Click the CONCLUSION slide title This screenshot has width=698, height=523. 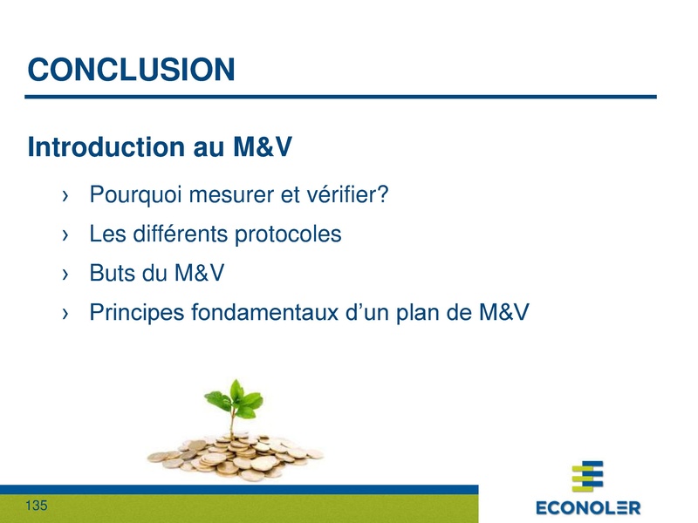point(131,70)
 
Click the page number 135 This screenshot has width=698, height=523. point(37,506)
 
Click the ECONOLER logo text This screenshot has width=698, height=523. point(587,506)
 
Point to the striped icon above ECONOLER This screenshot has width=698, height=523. point(587,478)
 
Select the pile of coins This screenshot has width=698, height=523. point(233,453)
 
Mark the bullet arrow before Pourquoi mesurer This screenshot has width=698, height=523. point(66,195)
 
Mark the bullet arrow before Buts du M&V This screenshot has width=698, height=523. point(66,275)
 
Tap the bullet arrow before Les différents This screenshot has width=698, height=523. point(66,235)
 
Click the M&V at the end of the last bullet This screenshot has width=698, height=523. point(503,312)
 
